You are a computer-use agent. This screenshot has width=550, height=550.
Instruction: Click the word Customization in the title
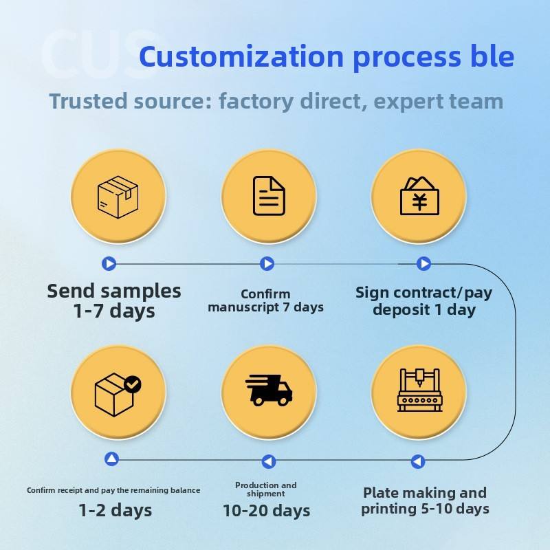tap(241, 56)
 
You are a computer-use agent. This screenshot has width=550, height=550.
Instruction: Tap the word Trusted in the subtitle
tap(89, 101)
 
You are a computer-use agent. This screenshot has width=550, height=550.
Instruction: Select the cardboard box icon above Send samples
tap(118, 197)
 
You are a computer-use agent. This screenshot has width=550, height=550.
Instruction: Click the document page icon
tap(269, 196)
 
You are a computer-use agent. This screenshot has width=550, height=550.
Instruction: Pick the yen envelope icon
tap(419, 195)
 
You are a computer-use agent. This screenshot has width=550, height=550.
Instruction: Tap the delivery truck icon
tap(269, 390)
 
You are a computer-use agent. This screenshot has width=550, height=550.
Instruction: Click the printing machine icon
tap(419, 390)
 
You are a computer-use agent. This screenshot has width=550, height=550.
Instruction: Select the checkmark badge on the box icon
tap(133, 384)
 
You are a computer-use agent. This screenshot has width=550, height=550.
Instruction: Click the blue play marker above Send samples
tap(109, 263)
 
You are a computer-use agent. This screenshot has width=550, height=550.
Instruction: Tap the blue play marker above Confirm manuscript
tap(267, 263)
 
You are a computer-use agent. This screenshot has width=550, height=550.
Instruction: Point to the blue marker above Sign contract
tap(423, 263)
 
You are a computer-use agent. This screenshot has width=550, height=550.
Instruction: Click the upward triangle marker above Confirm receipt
tap(112, 459)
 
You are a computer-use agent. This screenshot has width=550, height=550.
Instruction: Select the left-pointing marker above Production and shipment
tap(269, 461)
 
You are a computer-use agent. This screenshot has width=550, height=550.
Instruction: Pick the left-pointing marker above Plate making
tap(418, 461)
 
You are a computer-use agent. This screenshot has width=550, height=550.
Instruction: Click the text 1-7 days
tap(114, 311)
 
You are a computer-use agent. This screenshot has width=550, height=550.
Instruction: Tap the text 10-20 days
tap(267, 510)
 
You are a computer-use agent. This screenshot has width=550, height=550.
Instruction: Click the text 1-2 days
tap(115, 510)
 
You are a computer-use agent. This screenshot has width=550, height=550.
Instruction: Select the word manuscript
tap(243, 307)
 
